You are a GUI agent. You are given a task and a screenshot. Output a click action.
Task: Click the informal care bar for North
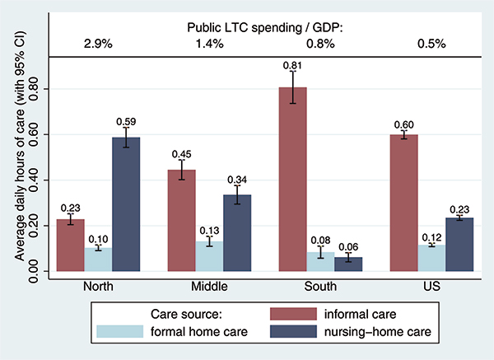coord(70,245)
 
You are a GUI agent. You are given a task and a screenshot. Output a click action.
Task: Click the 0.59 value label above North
coord(126,119)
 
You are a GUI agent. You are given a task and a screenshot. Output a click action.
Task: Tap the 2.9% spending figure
coord(98,43)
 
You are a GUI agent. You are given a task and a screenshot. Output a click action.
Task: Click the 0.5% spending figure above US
coord(431,43)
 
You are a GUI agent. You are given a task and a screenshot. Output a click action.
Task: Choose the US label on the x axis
coord(431,286)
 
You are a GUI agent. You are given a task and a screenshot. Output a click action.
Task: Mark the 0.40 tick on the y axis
coord(32,180)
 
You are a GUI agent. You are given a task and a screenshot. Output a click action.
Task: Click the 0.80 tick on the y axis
coord(32,88)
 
